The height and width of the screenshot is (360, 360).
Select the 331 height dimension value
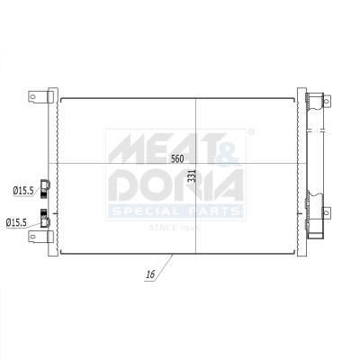191,176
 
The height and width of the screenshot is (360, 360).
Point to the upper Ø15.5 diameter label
23,191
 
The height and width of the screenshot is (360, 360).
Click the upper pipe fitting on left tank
46,187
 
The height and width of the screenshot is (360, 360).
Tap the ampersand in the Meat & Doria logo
229,147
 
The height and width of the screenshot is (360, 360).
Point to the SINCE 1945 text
175,228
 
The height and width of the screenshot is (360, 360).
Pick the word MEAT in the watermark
162,147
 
